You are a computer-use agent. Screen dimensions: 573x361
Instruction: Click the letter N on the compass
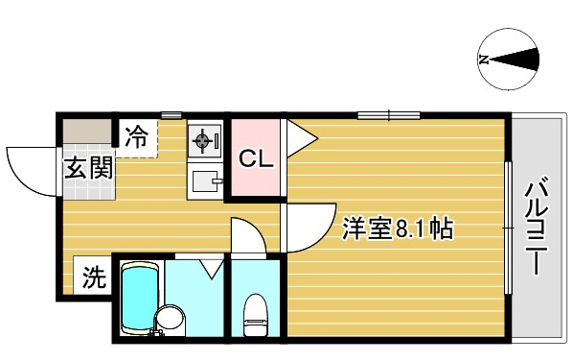(x=484, y=60)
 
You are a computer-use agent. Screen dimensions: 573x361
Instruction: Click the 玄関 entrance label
(x=89, y=168)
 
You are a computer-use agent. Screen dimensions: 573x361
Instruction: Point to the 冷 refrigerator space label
(x=137, y=136)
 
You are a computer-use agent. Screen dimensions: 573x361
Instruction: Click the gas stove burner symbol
(x=202, y=140)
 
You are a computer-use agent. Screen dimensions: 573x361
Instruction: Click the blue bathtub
(x=140, y=298)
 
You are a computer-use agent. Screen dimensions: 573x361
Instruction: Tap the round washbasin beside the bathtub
(x=170, y=318)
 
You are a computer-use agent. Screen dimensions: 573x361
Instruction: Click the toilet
(x=256, y=315)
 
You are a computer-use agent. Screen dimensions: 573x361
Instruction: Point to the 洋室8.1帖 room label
(x=398, y=229)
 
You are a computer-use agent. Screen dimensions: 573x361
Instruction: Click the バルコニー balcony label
(x=536, y=226)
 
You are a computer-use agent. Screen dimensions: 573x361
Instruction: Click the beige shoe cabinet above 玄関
(x=87, y=132)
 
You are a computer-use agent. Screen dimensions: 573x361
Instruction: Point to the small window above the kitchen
(x=172, y=115)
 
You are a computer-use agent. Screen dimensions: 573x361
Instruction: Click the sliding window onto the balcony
(x=508, y=228)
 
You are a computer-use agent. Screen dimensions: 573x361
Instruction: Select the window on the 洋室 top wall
(x=389, y=115)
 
